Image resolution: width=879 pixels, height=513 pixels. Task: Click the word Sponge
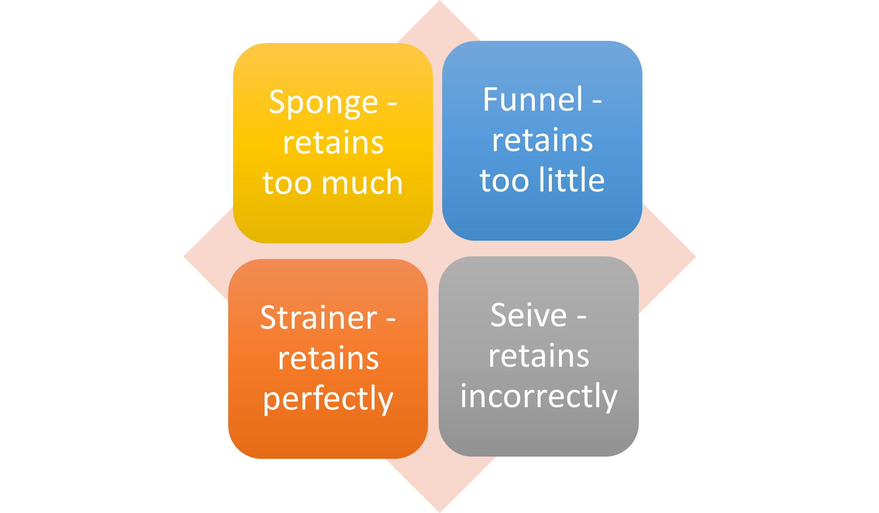(324, 103)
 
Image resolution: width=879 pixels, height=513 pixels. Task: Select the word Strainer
(319, 318)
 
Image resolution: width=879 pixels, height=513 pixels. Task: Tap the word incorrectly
(539, 397)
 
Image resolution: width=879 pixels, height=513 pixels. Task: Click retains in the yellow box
(333, 143)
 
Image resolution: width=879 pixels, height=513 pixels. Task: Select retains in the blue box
(542, 140)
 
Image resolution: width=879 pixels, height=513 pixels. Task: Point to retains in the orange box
(329, 358)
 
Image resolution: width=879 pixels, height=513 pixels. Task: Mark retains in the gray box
(539, 356)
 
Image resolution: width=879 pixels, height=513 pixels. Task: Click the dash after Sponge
(392, 105)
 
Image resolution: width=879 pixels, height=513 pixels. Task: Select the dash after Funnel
(597, 102)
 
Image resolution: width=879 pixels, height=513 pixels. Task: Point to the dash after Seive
(582, 318)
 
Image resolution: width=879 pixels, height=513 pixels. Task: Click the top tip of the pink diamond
(439, 1)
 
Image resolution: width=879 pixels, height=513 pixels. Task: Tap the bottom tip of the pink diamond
(439, 512)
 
